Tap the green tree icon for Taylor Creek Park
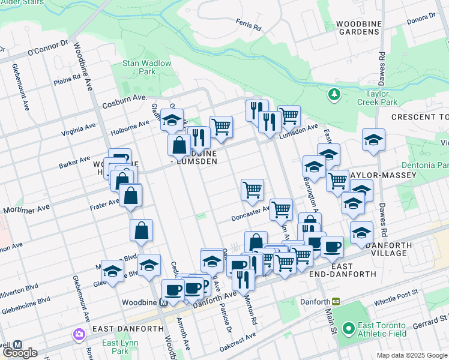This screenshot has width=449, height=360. coord(334,94)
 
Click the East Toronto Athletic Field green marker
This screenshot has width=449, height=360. coord(348,328)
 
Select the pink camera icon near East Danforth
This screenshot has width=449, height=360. coord(79,334)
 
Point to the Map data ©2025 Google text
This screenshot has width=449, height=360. coord(412,355)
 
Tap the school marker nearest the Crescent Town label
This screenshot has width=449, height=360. coord(373,141)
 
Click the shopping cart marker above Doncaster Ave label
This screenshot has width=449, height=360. coord(252,190)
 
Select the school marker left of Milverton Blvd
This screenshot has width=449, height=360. coord(112,271)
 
